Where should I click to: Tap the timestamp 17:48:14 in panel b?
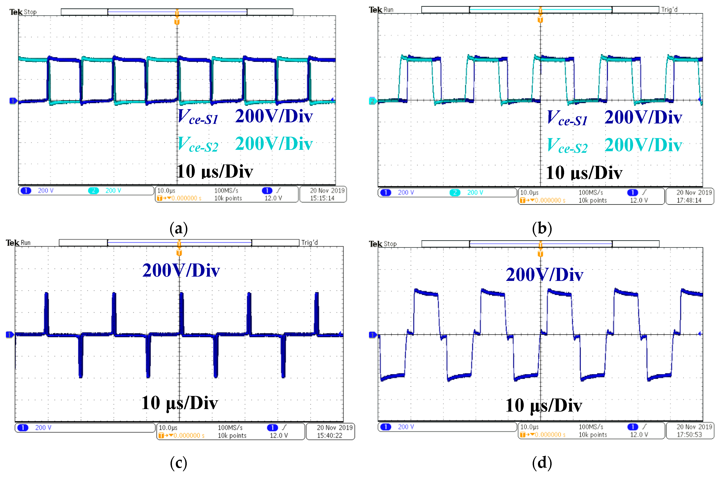(x=689, y=200)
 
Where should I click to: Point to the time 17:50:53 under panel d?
(x=689, y=435)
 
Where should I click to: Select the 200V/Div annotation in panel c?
(x=181, y=270)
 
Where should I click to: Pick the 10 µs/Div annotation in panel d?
(x=544, y=406)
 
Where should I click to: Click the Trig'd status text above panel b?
(x=669, y=10)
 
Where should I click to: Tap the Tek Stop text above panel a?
(x=23, y=12)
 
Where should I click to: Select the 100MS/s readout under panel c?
(x=230, y=428)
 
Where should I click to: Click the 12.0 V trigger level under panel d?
(x=639, y=435)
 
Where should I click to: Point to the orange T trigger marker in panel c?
(x=179, y=253)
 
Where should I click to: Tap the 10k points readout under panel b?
(x=593, y=200)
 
